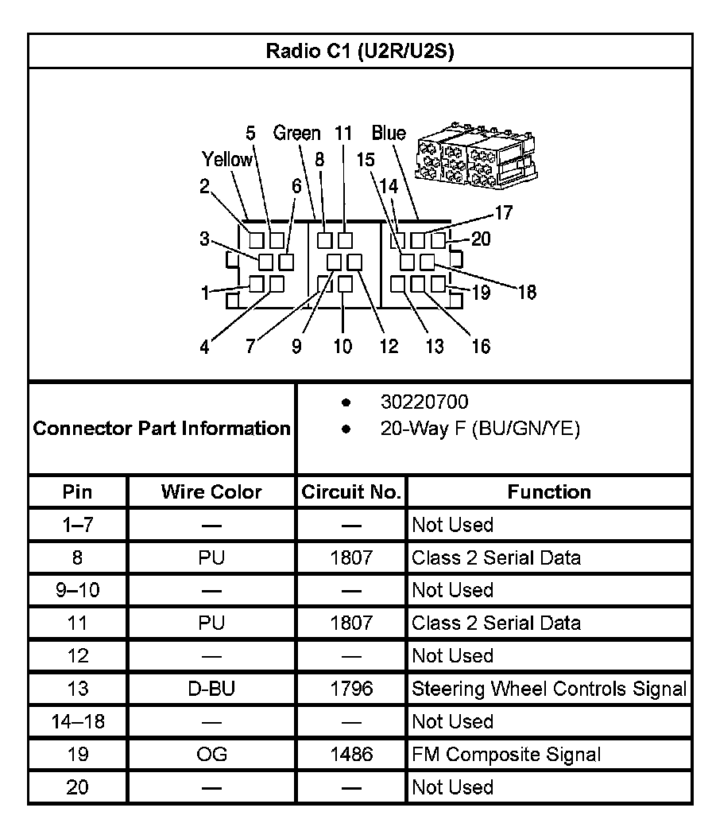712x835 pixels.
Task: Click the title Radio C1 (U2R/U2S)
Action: point(359,52)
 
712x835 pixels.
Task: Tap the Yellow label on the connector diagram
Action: point(226,160)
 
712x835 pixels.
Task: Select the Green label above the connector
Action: point(297,134)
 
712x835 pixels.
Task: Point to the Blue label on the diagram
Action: point(389,134)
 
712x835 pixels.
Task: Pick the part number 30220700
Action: point(424,402)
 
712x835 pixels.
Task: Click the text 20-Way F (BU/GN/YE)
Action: point(480,429)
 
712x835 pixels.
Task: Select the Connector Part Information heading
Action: point(162,429)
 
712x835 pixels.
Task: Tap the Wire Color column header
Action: point(211,492)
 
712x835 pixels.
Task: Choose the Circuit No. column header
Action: point(351,492)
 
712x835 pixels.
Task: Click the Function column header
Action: point(549,492)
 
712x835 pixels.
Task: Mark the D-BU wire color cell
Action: point(211,689)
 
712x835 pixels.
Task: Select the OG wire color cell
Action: point(211,755)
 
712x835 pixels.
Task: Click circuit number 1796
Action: point(351,689)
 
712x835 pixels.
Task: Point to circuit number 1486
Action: point(351,755)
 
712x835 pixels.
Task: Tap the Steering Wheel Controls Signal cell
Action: point(548,689)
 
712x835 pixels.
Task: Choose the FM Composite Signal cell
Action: point(506,755)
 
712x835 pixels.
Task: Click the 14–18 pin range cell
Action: point(77,722)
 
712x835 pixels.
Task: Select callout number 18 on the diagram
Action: point(527,293)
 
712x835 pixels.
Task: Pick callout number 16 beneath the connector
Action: point(481,346)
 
